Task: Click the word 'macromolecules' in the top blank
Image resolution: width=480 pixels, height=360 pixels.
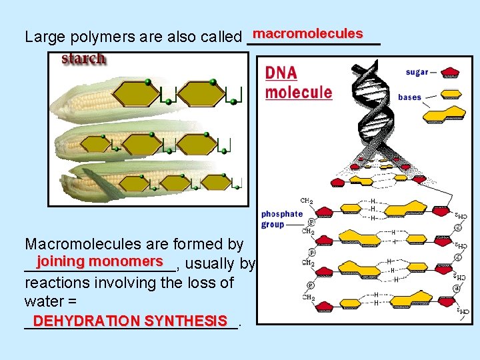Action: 307,33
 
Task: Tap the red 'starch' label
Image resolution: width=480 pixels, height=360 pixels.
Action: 83,59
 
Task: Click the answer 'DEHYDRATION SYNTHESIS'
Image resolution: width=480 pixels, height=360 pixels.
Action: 130,321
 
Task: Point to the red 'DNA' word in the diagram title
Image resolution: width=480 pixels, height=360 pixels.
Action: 281,73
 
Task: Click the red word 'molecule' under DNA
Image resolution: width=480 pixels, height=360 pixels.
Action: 298,92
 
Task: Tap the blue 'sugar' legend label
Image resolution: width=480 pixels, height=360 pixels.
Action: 418,72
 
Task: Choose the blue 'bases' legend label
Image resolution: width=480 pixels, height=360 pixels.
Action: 409,97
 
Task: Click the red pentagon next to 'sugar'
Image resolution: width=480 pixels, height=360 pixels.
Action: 451,72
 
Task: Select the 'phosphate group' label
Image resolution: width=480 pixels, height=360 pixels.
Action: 282,219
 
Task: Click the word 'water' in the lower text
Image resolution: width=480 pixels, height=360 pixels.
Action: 43,301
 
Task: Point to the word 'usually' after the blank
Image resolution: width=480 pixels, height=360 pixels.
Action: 211,264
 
